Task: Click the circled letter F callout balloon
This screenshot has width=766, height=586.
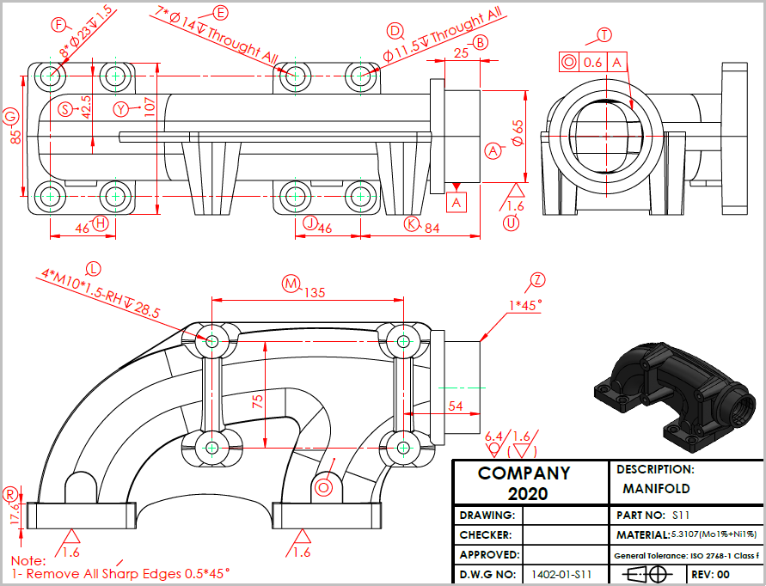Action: click(x=59, y=24)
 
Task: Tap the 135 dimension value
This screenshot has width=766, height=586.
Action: click(x=315, y=293)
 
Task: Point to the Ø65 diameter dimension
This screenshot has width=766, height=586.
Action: click(x=518, y=133)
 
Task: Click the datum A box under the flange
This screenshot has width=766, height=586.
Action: click(x=457, y=202)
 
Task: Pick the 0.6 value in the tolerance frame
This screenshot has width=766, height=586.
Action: click(x=593, y=62)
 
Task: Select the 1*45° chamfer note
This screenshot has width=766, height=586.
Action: click(x=525, y=305)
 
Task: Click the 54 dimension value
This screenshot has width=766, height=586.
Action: click(x=456, y=406)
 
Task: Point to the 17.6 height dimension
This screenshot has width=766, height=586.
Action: click(x=14, y=514)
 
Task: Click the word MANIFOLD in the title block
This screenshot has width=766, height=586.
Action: click(x=656, y=489)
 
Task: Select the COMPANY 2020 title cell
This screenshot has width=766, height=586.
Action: click(x=524, y=483)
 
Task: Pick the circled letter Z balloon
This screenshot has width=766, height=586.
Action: click(x=538, y=279)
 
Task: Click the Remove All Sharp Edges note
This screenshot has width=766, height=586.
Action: click(x=120, y=572)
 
